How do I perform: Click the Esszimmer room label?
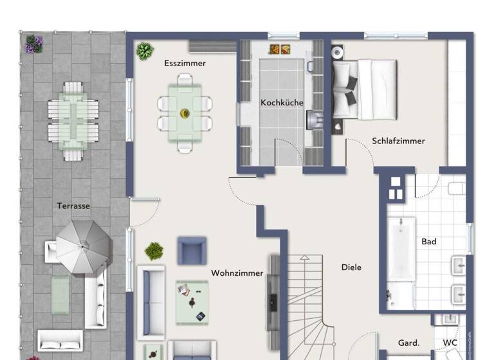[x=185, y=63]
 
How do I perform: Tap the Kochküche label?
[x=282, y=102]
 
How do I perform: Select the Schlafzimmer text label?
[x=398, y=141]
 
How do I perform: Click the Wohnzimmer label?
[x=237, y=273]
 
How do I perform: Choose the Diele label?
[x=351, y=267]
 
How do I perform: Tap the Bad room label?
[x=429, y=242]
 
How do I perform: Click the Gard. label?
[x=408, y=343]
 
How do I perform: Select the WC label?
[x=450, y=343]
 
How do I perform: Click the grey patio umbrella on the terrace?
[x=82, y=246]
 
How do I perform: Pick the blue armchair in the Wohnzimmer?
[x=192, y=250]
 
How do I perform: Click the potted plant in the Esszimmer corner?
[x=145, y=51]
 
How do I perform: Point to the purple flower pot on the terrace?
[x=34, y=44]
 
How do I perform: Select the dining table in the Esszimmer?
[x=185, y=113]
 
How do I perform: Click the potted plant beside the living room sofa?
[x=154, y=251]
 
